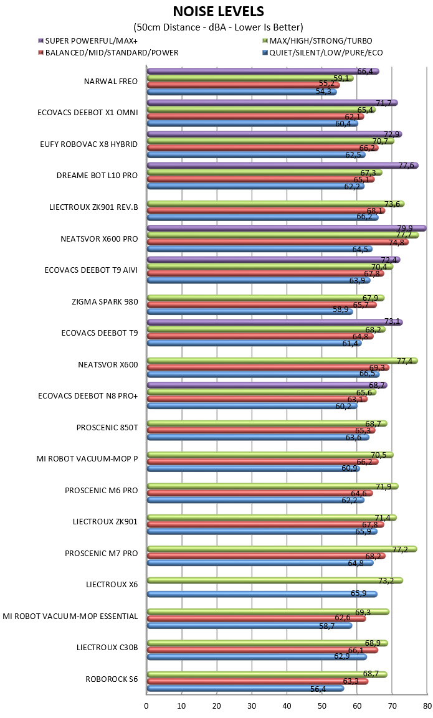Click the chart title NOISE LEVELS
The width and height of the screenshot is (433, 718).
pos(219,11)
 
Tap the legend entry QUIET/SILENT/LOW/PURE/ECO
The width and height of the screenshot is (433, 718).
pos(321,53)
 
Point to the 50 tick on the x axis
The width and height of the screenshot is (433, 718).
pos(322,706)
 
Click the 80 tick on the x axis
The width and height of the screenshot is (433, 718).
pos(427,706)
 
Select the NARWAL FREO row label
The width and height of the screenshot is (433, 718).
pos(110,82)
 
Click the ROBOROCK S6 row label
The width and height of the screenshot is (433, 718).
pos(112,679)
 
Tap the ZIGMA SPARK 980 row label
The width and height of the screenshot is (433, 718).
pos(105,302)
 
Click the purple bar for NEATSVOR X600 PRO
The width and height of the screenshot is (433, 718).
pos(287,228)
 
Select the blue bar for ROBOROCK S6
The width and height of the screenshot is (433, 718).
pos(245,688)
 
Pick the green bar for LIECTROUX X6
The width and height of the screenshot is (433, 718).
pos(275,580)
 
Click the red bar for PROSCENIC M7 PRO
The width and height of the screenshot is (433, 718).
pos(266,556)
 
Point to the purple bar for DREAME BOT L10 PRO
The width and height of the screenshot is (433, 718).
pos(283,165)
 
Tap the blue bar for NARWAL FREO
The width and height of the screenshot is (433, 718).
pos(242,92)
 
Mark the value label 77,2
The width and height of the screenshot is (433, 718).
pos(400,549)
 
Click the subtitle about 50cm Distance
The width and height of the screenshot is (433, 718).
pos(219,27)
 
